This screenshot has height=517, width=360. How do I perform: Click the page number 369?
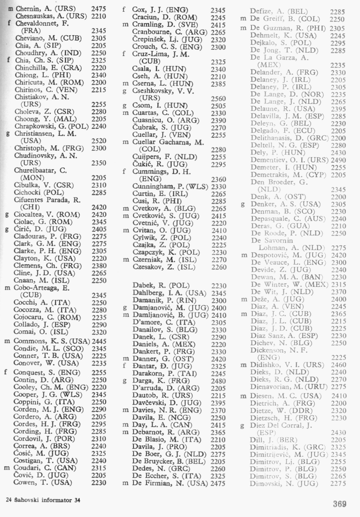pyautogui.click(x=339, y=504)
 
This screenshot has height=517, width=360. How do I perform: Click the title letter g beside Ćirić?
pyautogui.click(x=7, y=230)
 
